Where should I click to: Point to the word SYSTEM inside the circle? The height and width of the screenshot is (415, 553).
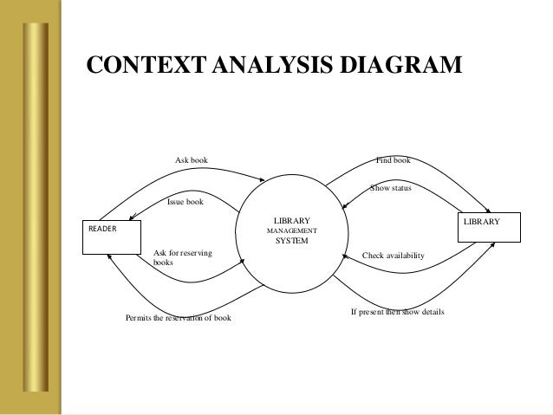(291, 241)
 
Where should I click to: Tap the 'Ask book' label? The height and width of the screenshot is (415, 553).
(192, 159)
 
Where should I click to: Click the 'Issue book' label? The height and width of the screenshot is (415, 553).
(185, 202)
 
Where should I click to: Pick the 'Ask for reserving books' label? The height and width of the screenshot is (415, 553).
(182, 256)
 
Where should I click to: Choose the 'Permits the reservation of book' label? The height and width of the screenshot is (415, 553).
(179, 318)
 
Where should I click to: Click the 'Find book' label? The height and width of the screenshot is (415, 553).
(393, 159)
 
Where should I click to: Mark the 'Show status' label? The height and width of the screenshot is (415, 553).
(390, 187)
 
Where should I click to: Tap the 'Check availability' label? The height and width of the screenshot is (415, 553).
(393, 256)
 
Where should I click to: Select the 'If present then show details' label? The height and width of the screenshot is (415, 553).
(397, 310)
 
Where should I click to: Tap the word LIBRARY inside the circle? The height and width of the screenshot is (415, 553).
(291, 221)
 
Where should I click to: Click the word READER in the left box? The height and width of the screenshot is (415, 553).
(101, 230)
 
